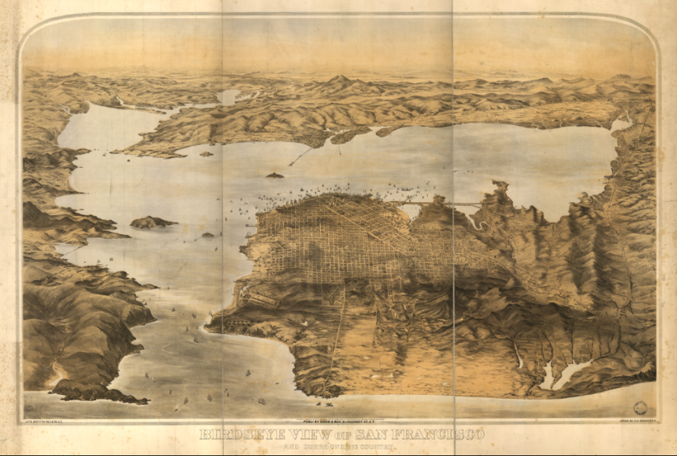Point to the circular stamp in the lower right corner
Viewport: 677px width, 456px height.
pyautogui.click(x=641, y=408)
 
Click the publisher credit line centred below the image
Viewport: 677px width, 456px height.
pyautogui.click(x=338, y=421)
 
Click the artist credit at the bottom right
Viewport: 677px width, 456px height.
pyautogui.click(x=635, y=421)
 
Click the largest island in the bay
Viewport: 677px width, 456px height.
pyautogui.click(x=152, y=222)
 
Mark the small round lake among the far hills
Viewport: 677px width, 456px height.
pyautogui.click(x=228, y=97)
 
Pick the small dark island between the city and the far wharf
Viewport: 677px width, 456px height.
pyautogui.click(x=274, y=175)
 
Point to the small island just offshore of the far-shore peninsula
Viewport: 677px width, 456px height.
pyautogui.click(x=206, y=154)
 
